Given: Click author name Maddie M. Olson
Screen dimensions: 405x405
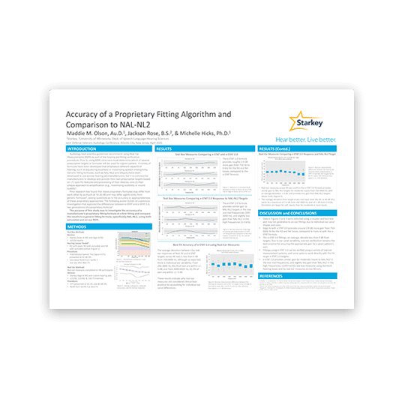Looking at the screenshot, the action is [x=101, y=134].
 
